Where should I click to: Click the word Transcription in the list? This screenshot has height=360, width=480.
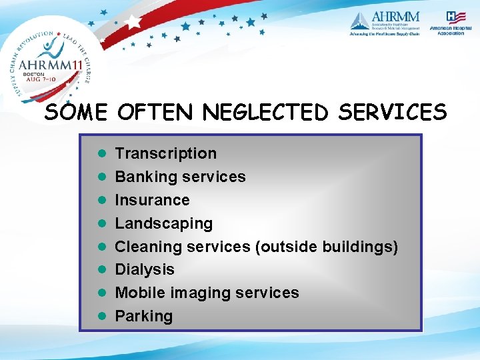165,154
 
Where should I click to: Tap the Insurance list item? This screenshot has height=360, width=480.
152,200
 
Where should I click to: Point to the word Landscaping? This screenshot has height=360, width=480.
163,223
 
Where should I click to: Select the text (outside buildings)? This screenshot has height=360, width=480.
327,247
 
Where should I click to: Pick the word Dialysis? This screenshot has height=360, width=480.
145,269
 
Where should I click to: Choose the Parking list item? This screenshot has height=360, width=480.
143,316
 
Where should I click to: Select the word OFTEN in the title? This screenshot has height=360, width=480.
156,113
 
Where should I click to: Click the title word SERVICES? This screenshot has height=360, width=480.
392,113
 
